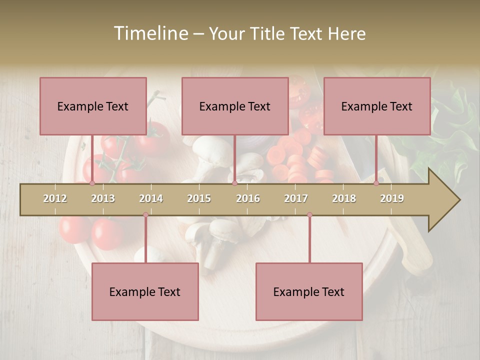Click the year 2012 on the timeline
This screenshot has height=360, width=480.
tap(55, 198)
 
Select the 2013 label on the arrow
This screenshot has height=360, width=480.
tap(103, 198)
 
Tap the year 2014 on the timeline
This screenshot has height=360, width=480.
tap(151, 198)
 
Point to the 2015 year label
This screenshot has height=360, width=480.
tap(199, 198)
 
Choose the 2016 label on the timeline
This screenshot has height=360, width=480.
tap(248, 198)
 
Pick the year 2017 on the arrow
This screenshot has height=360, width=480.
tap(296, 198)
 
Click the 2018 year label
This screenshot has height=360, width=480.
tap(344, 198)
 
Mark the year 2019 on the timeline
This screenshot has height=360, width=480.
tap(392, 198)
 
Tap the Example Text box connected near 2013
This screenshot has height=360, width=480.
tap(93, 106)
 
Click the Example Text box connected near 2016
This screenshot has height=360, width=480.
tap(235, 106)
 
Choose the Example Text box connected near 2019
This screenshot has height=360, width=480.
tap(377, 106)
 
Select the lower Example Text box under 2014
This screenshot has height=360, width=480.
tap(145, 291)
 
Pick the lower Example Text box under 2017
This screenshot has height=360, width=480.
tap(309, 291)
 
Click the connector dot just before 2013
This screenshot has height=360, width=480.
tap(92, 183)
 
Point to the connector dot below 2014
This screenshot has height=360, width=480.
tap(145, 215)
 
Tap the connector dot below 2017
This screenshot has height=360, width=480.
tap(309, 215)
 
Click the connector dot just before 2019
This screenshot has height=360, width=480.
tap(376, 183)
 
